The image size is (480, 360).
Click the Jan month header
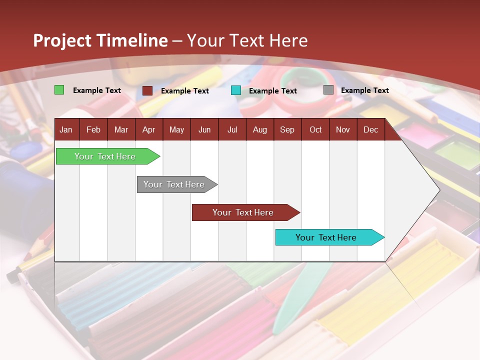pos(66,129)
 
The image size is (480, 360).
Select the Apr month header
pos(148,129)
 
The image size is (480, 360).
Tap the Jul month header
pos(232,129)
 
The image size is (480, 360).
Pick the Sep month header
pos(287,129)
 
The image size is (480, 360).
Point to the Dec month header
pos(370,129)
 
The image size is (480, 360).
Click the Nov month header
pos(342,129)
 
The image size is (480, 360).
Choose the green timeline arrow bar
pos(105,156)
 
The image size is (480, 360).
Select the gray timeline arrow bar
pos(174,184)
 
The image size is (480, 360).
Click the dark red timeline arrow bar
pos(243,212)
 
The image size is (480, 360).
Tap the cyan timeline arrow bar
pos(326,237)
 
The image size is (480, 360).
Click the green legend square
pos(59,90)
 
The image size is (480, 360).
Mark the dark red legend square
pos(147,90)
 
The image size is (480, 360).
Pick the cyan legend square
pos(235,90)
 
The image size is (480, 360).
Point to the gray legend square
pos(328,90)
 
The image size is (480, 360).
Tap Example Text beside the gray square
pos(364,90)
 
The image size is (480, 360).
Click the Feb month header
pos(93,129)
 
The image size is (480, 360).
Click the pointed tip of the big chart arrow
pos(439,190)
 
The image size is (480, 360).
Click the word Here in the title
pos(288,40)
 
